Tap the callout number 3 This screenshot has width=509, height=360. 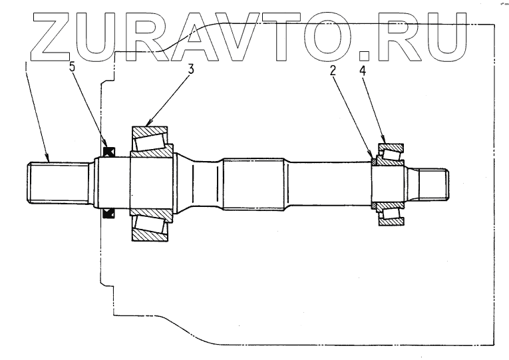point(191,68)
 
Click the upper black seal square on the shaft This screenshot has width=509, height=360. point(109,151)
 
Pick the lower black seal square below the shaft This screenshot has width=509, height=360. point(109,213)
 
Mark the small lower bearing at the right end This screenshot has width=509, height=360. point(392,214)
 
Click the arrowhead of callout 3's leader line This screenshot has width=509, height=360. point(148,125)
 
